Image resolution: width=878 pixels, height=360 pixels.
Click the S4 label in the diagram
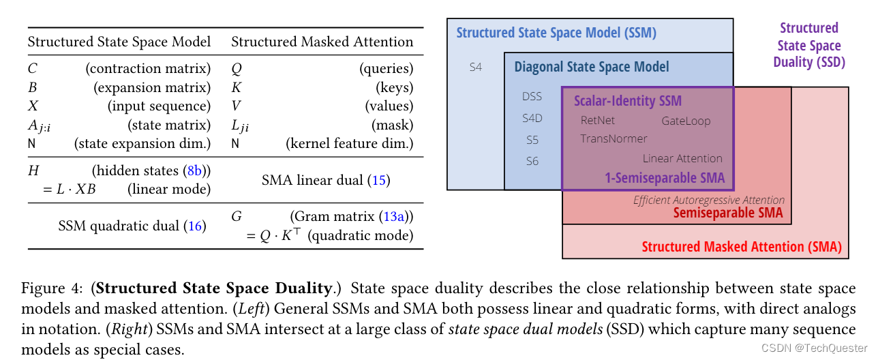tap(475, 67)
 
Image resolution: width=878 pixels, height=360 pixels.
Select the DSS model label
tap(532, 96)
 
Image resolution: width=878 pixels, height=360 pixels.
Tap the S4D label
tap(532, 118)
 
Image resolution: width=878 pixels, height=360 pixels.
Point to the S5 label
tap(532, 140)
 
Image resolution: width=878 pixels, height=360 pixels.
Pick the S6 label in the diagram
tap(532, 161)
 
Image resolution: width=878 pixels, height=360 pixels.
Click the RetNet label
tap(597, 121)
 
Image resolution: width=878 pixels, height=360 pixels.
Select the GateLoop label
tap(686, 121)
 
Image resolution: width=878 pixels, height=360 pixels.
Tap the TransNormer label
tap(614, 138)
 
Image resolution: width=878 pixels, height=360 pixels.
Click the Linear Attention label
tap(682, 158)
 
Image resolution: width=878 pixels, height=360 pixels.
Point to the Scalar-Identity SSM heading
tap(627, 102)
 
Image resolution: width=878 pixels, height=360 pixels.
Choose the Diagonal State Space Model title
tap(591, 67)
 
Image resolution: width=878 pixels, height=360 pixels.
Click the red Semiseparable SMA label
tap(728, 213)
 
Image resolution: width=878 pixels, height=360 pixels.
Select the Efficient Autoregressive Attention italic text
tap(709, 200)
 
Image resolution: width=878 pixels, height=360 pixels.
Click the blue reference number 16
tap(196, 226)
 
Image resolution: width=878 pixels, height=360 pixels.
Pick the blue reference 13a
tap(393, 217)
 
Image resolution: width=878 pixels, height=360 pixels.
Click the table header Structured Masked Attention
tap(322, 42)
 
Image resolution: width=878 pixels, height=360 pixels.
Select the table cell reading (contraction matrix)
tap(148, 69)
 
